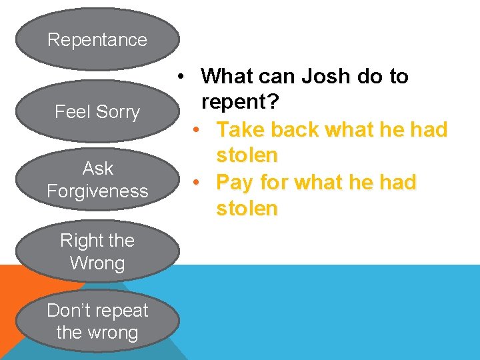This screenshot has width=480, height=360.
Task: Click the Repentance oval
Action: tap(97, 39)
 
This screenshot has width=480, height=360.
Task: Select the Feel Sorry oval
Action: tap(97, 111)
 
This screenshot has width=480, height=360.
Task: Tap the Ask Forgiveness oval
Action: tap(97, 179)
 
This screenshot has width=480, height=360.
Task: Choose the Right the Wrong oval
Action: tap(97, 251)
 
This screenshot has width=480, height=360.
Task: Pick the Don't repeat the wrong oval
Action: tap(97, 321)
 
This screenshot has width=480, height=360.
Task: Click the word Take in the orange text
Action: tap(239, 129)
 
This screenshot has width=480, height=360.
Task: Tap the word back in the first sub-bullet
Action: tap(291, 129)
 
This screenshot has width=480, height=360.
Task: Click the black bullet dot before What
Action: tap(181, 76)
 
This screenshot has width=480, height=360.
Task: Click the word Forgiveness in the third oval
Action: tap(97, 191)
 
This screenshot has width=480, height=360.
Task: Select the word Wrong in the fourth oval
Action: tap(97, 263)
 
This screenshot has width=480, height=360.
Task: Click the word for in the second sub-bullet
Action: tap(272, 182)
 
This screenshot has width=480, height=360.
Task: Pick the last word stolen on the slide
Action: tap(247, 209)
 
